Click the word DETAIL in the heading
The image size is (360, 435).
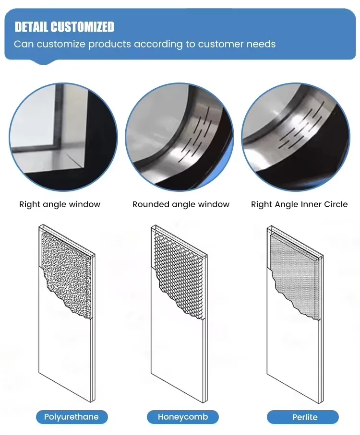[x=31, y=27]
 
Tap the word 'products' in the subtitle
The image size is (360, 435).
[x=109, y=45]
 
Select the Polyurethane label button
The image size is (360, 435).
[x=72, y=417]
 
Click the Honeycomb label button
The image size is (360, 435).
[x=182, y=417]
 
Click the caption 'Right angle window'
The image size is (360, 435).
[x=60, y=204]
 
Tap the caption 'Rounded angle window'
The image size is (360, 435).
[x=181, y=204]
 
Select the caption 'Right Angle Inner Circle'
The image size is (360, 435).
[x=299, y=204]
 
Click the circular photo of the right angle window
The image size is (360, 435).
[x=63, y=137]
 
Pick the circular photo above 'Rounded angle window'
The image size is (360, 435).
[x=180, y=137]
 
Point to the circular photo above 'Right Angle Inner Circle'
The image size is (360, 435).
[x=296, y=137]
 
